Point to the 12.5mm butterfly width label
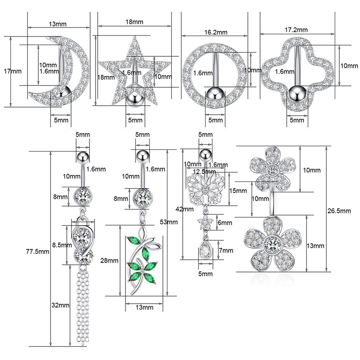tap(201, 171)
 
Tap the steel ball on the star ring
tap(134, 97)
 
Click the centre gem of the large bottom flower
tap(271, 245)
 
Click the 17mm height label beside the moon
tap(16, 71)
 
